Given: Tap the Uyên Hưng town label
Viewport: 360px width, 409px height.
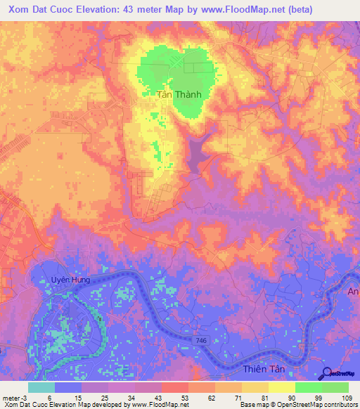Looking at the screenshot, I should pyautogui.click(x=70, y=280).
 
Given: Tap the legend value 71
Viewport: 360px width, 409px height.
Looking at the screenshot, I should pyautogui.click(x=240, y=397).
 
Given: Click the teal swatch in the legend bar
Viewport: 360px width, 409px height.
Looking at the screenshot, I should pyautogui.click(x=41, y=387).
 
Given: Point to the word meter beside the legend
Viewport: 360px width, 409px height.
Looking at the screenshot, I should pyautogui.click(x=11, y=397).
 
